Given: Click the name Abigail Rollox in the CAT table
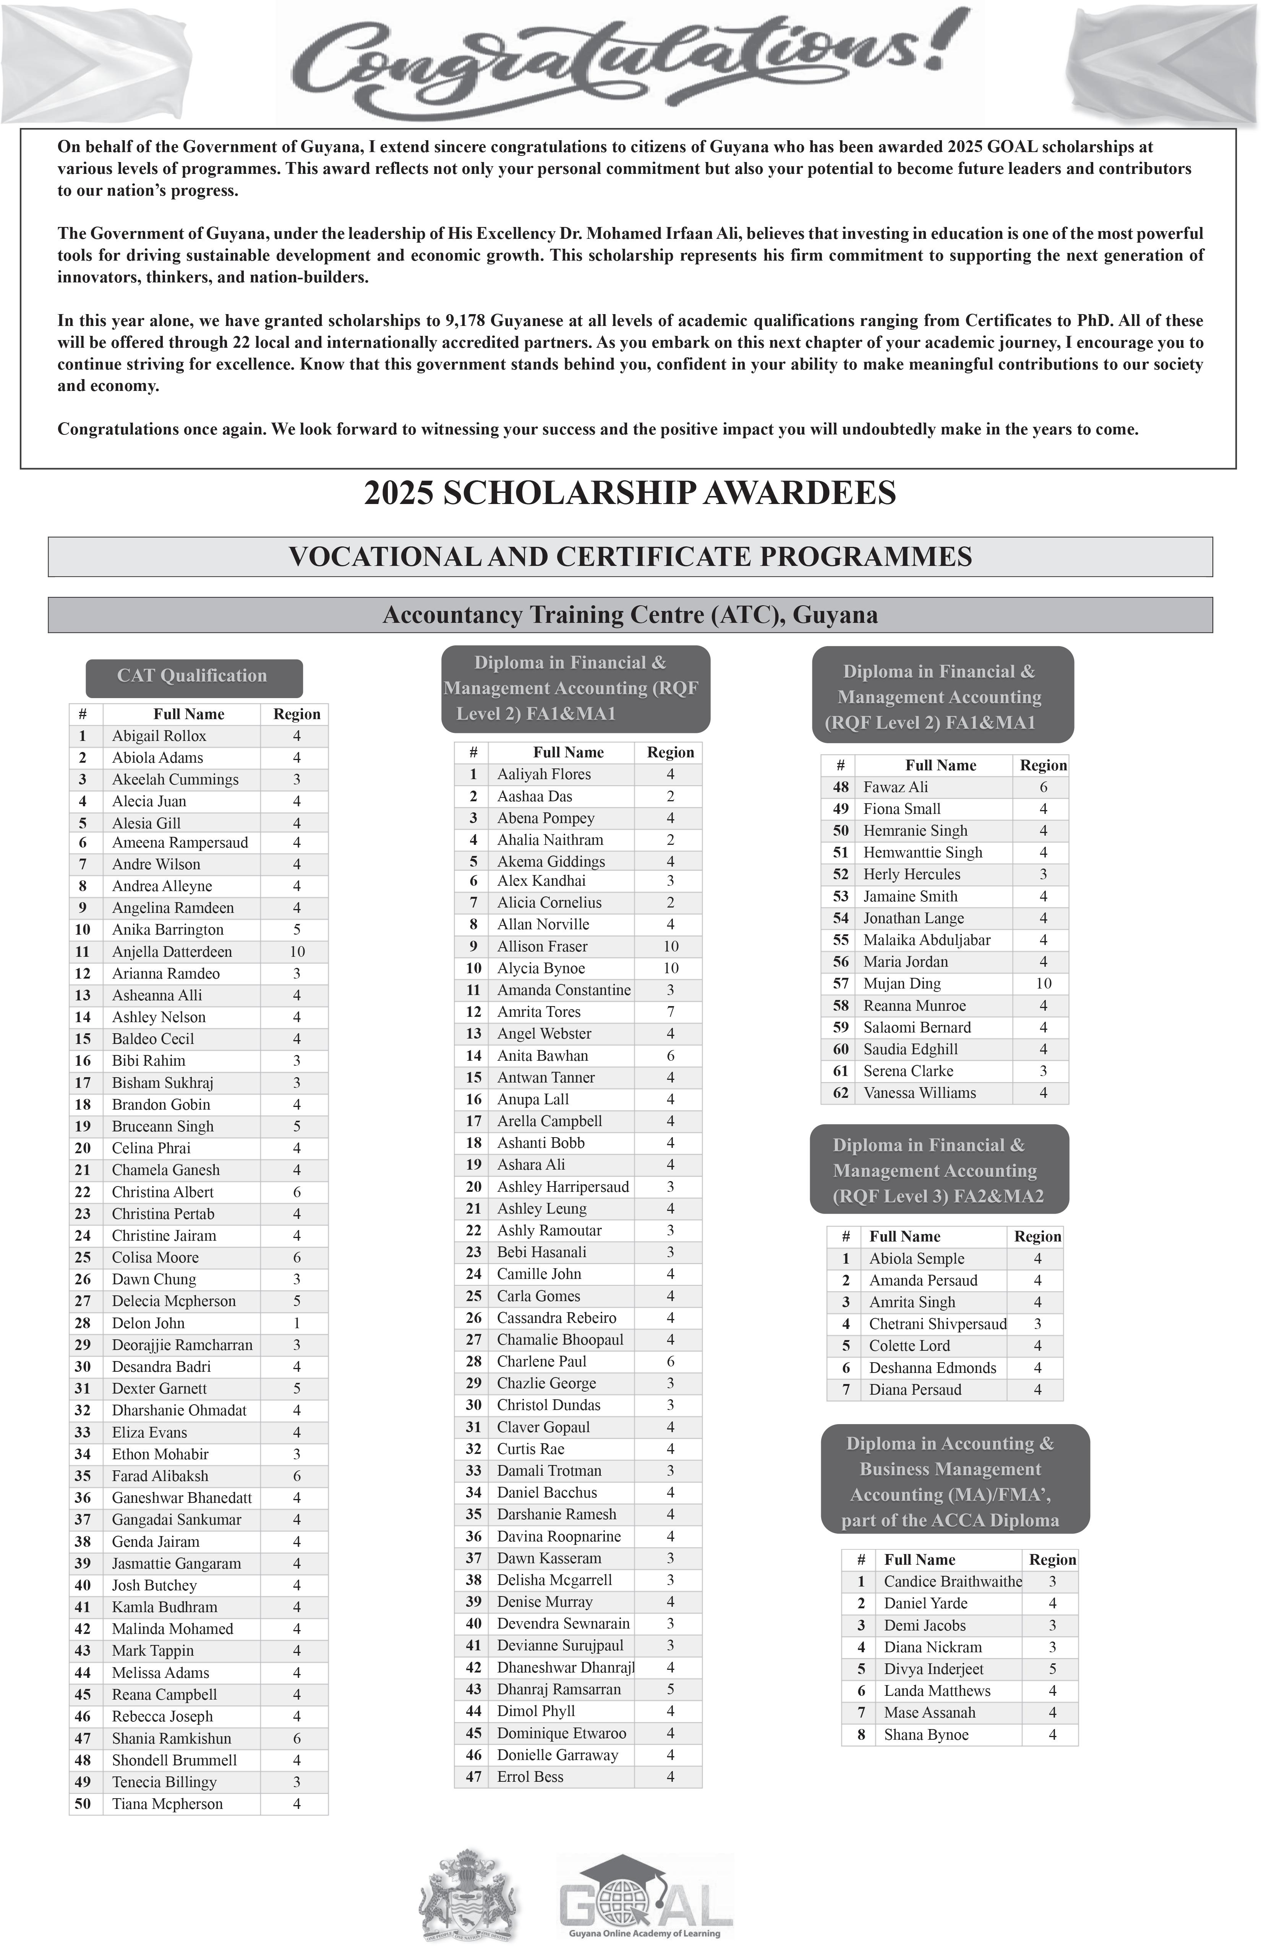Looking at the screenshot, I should click(159, 736).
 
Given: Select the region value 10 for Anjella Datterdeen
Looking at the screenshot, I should click(297, 952).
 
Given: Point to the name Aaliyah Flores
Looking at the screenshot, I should click(543, 774).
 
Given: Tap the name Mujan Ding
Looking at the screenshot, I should click(902, 984).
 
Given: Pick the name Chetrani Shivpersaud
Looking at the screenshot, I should click(937, 1324).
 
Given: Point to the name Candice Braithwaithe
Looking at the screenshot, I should click(953, 1582).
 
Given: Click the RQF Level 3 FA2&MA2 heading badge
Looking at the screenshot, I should click(938, 1170).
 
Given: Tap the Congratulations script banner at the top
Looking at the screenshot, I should click(630, 62).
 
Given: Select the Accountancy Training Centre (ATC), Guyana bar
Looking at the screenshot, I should click(630, 616).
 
